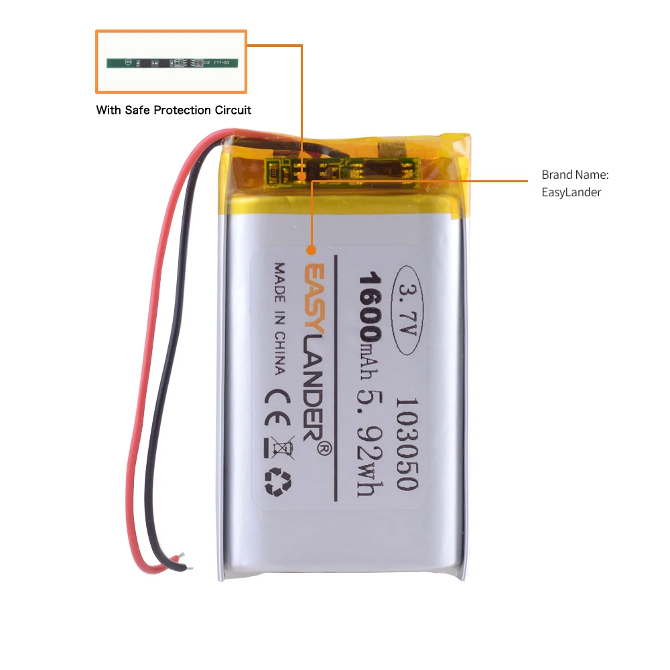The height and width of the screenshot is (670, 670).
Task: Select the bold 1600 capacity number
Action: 370,305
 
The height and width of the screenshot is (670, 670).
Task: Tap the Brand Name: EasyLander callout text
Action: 574,184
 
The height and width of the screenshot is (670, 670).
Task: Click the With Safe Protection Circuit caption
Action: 174,110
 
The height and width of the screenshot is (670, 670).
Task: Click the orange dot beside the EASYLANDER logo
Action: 311,251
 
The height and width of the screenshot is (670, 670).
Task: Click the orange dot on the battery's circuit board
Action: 302,178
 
